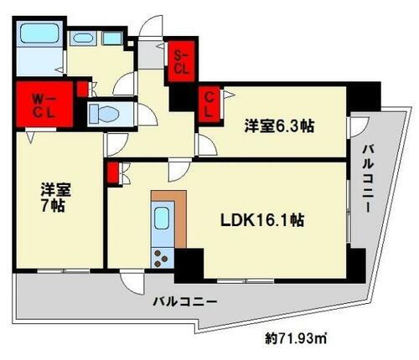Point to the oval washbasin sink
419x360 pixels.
click(x=82, y=38)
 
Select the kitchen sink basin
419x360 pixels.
click(x=161, y=221)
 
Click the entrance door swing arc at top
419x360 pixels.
click(x=148, y=25)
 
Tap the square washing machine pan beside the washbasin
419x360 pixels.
click(x=111, y=38)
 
